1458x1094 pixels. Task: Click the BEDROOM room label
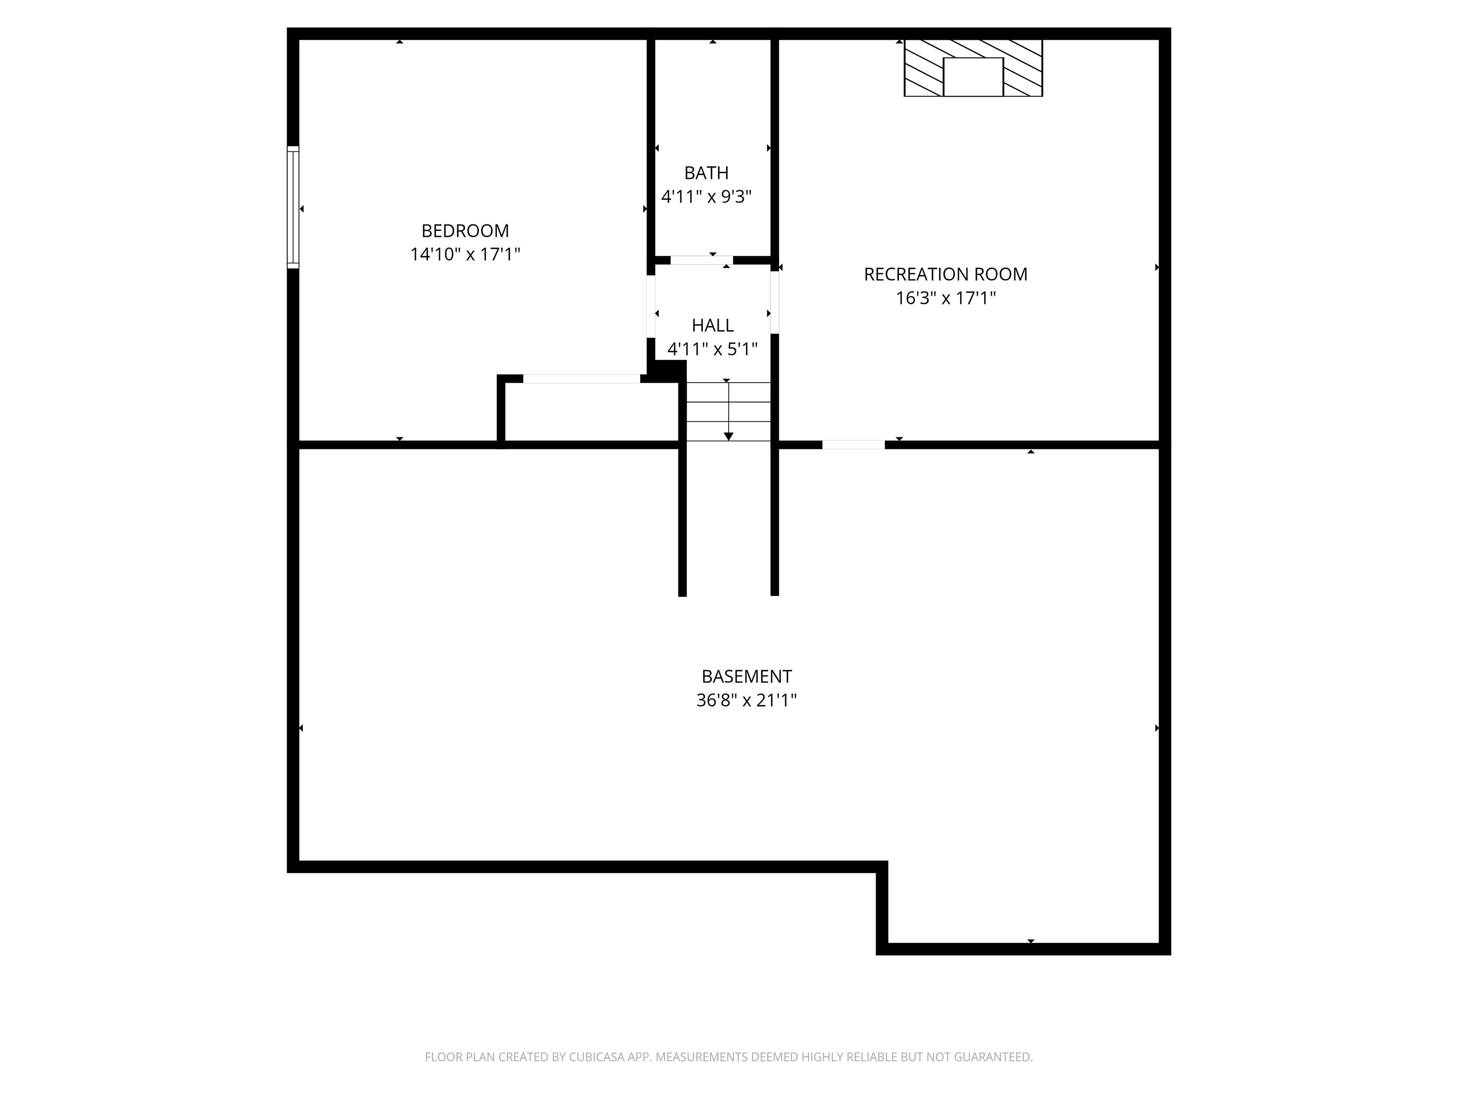point(465,231)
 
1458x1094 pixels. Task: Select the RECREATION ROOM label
point(945,274)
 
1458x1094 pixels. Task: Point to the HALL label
point(712,325)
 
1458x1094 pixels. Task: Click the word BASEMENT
point(746,677)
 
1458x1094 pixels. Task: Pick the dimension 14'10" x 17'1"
point(465,255)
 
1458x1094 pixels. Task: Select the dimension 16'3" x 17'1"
point(945,298)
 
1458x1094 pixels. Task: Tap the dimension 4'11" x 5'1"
point(712,349)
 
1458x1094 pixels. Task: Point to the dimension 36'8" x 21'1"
point(746,700)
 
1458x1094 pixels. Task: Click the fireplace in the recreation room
point(973,68)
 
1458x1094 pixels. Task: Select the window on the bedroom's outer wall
point(293,207)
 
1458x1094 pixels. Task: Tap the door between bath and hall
point(701,260)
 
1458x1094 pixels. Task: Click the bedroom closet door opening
point(581,378)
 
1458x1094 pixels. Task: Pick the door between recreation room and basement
point(853,445)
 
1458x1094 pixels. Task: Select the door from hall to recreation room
point(775,302)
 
